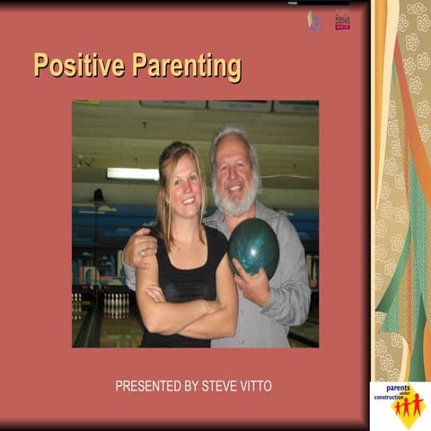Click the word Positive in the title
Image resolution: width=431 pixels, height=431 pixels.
[78, 66]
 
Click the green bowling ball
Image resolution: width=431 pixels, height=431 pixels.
[252, 246]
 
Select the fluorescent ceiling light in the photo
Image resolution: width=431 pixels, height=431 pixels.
[132, 173]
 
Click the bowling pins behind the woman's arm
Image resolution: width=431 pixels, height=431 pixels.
[117, 305]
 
